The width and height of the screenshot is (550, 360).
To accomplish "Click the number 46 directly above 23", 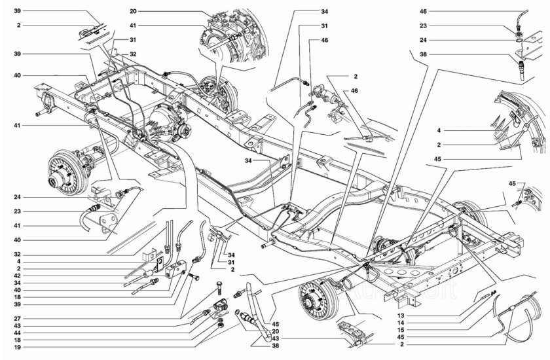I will tap(423, 12).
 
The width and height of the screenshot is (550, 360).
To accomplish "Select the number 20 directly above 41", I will tap(150, 12).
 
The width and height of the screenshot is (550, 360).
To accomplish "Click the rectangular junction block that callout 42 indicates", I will tap(176, 268).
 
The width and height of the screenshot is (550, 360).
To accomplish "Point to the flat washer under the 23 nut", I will tap(519, 41).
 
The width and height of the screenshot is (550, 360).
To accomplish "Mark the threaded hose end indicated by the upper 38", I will tap(522, 67).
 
